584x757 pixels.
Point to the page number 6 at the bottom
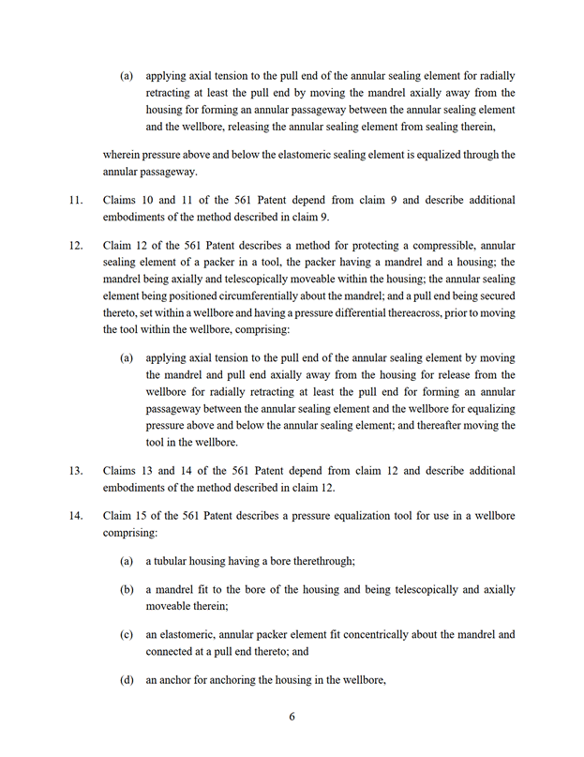(292, 717)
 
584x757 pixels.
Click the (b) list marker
(127, 589)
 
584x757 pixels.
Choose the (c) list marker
(127, 634)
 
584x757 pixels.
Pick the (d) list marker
(127, 679)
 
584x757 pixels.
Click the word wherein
(122, 155)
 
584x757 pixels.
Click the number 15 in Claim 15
(141, 516)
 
